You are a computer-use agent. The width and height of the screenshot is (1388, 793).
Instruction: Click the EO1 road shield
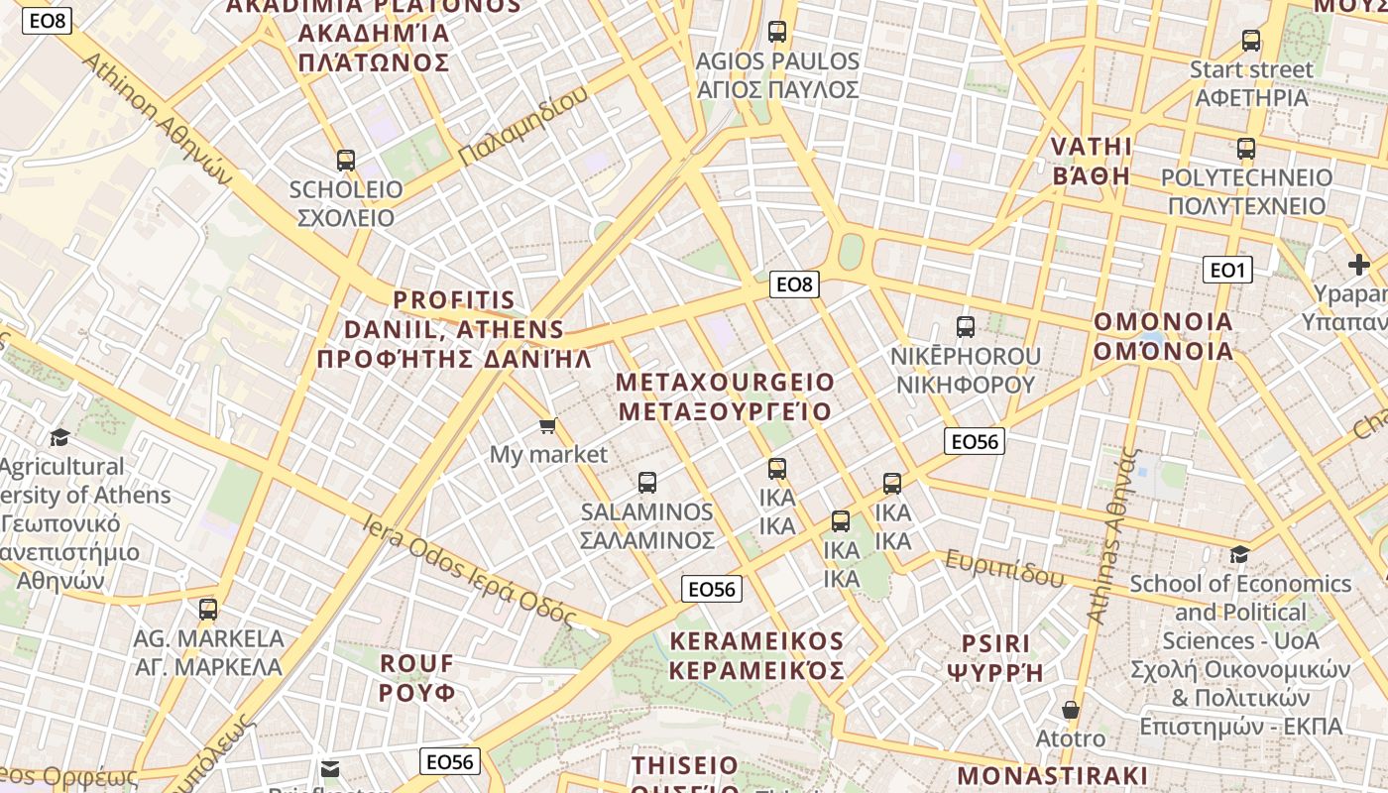(1227, 270)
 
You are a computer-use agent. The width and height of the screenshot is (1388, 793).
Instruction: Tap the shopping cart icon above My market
(547, 426)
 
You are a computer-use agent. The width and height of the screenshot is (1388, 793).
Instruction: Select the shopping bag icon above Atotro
(1071, 710)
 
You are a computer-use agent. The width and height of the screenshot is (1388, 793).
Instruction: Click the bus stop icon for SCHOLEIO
(346, 160)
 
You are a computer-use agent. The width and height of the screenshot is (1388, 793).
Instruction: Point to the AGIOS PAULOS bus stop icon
(777, 32)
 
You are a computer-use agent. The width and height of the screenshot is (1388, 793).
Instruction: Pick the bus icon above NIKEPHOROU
(965, 326)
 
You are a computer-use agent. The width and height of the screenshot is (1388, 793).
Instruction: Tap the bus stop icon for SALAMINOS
(647, 483)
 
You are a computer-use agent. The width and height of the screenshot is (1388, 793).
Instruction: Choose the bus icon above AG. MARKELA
(208, 609)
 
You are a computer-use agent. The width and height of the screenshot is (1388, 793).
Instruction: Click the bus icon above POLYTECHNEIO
(1246, 149)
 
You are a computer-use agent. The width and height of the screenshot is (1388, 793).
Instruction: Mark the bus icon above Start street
(1251, 41)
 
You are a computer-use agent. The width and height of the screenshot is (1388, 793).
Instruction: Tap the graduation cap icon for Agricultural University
(59, 437)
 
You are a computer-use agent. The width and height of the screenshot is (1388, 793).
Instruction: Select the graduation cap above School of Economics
(1239, 554)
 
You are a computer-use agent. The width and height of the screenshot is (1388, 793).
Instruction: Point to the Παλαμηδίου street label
(523, 127)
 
